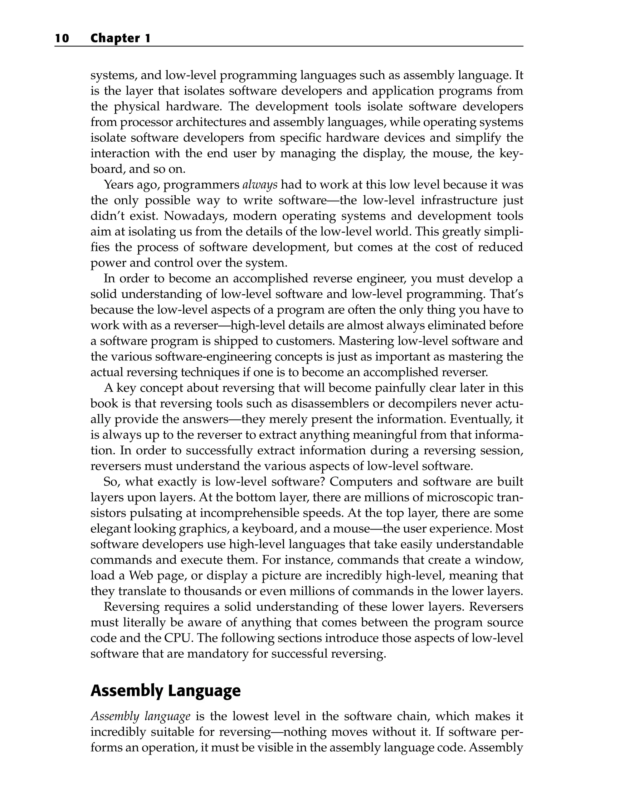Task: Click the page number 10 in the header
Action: [62, 38]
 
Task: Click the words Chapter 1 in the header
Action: [120, 38]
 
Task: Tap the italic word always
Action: [260, 185]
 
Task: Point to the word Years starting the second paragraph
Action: [118, 185]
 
